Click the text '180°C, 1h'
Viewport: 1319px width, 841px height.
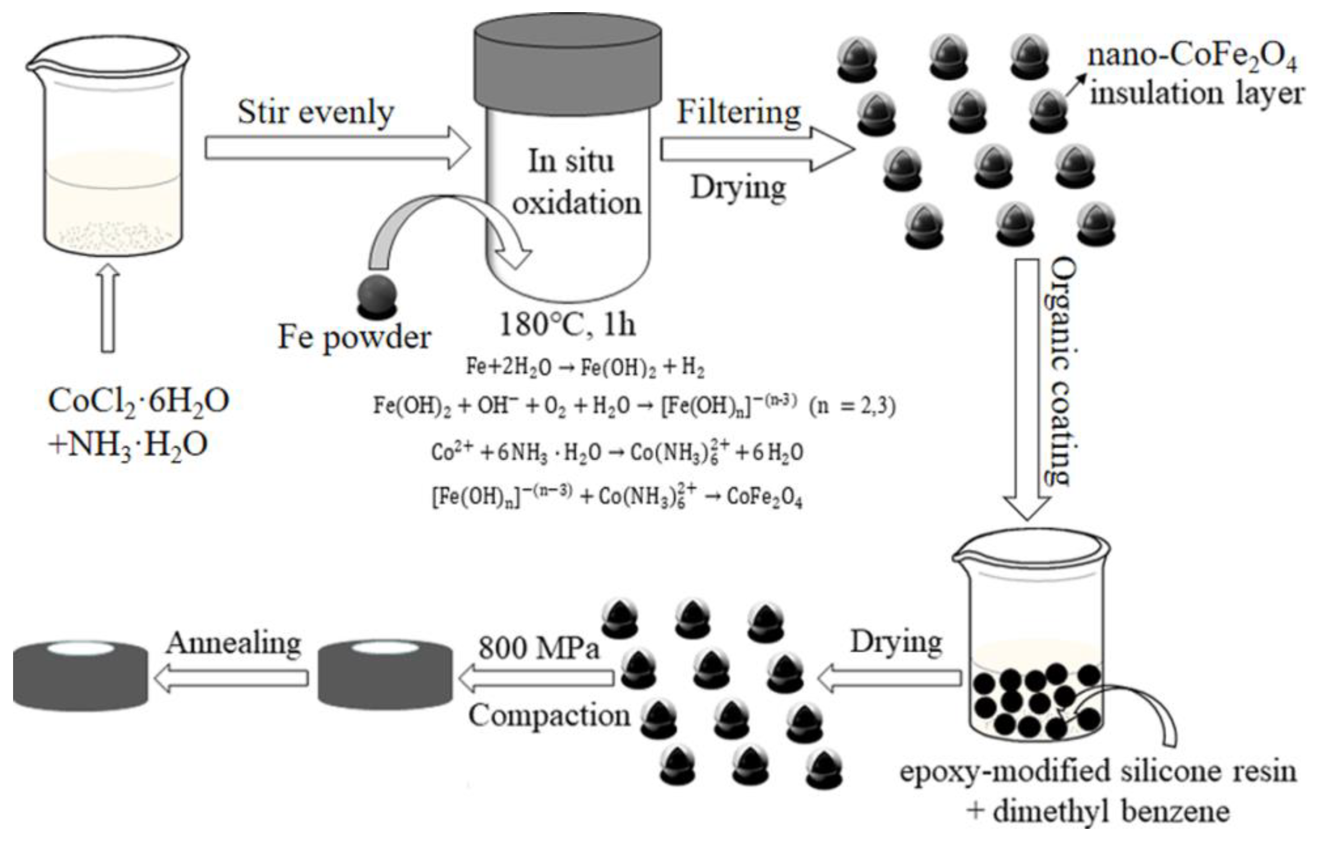pyautogui.click(x=567, y=324)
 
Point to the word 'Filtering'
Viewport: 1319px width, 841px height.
pyautogui.click(x=738, y=113)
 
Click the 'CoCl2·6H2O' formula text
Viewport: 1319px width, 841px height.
pyautogui.click(x=138, y=402)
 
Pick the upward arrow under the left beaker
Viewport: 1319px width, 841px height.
pyautogui.click(x=108, y=307)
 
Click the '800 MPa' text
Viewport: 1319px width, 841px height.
pyautogui.click(x=539, y=648)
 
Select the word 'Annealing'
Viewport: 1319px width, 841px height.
pyautogui.click(x=234, y=642)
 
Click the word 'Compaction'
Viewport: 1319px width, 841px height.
pyautogui.click(x=549, y=716)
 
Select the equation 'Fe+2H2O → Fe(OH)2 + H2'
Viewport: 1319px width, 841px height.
pyautogui.click(x=585, y=367)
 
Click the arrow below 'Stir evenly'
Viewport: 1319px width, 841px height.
pyautogui.click(x=337, y=148)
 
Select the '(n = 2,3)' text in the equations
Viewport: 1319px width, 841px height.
pyautogui.click(x=852, y=407)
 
